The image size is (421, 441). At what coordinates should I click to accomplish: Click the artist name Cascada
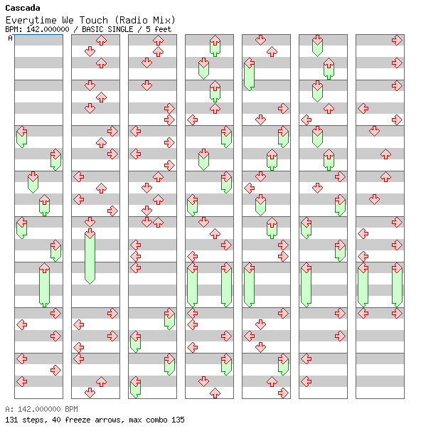click(23, 8)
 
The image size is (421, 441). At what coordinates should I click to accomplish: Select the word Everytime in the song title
click(31, 20)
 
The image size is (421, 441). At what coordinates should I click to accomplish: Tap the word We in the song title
click(68, 20)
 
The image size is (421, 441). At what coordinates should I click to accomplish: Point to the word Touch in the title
click(93, 20)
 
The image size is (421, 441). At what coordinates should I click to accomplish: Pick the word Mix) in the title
click(164, 20)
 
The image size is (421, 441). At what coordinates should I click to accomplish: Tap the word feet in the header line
click(163, 29)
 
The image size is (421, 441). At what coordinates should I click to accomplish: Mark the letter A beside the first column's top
click(11, 38)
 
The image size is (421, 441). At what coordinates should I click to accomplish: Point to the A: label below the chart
click(9, 409)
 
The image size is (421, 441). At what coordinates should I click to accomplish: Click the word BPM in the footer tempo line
click(71, 409)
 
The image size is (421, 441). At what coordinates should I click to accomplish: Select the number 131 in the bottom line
click(11, 420)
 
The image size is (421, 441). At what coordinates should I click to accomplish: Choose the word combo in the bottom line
click(154, 420)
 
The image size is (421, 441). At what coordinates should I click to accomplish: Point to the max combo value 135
click(178, 420)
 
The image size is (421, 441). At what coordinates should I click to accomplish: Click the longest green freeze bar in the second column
click(90, 257)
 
